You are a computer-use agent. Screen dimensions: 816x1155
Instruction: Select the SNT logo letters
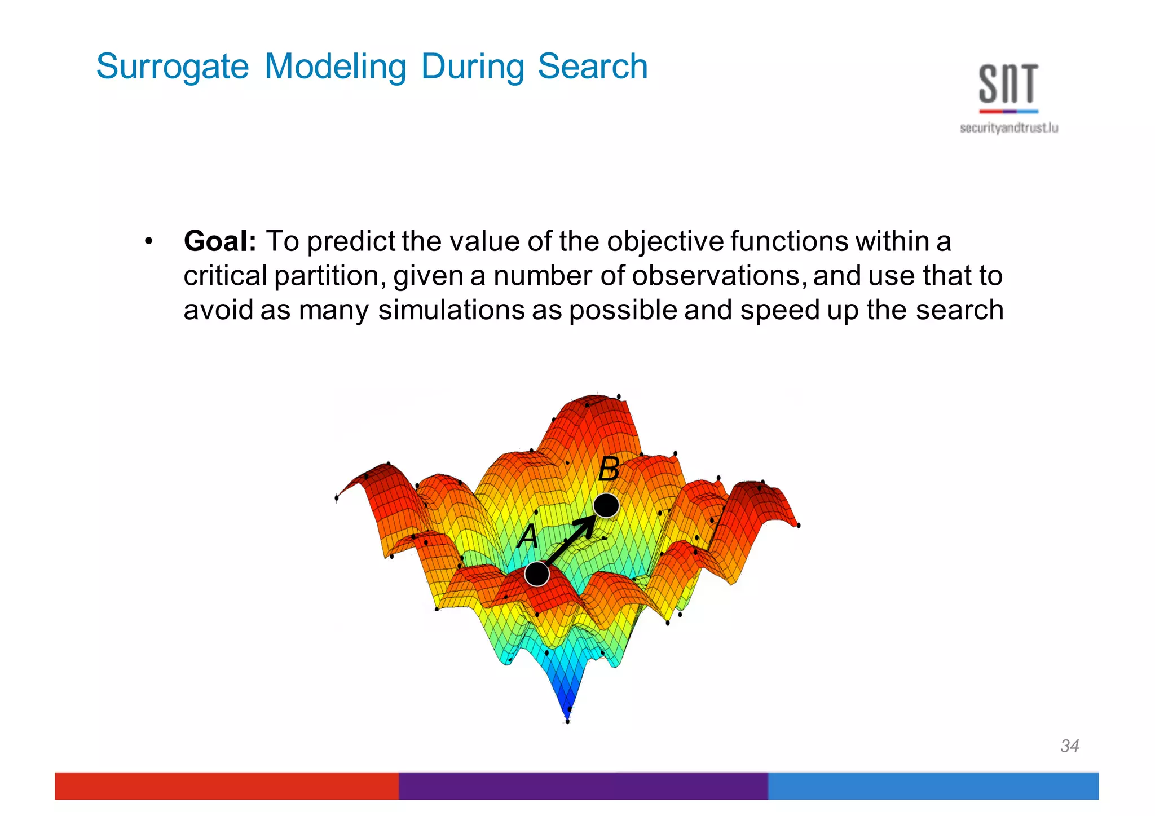[1008, 85]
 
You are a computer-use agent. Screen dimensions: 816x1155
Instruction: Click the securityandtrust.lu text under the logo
[1008, 129]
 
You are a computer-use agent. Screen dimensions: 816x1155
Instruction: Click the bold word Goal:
[220, 241]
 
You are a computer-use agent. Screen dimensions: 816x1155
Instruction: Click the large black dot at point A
[536, 574]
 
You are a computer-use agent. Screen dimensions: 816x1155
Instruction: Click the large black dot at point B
[606, 505]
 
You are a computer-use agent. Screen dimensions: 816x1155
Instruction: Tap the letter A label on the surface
[528, 537]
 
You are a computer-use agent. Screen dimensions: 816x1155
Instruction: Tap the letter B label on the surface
[609, 469]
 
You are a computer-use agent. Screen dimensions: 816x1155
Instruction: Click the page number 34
[1069, 746]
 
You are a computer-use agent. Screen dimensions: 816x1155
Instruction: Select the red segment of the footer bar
[226, 786]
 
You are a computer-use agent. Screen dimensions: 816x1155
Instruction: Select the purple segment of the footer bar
[583, 786]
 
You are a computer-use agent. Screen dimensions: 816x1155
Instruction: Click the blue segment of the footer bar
[933, 786]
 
